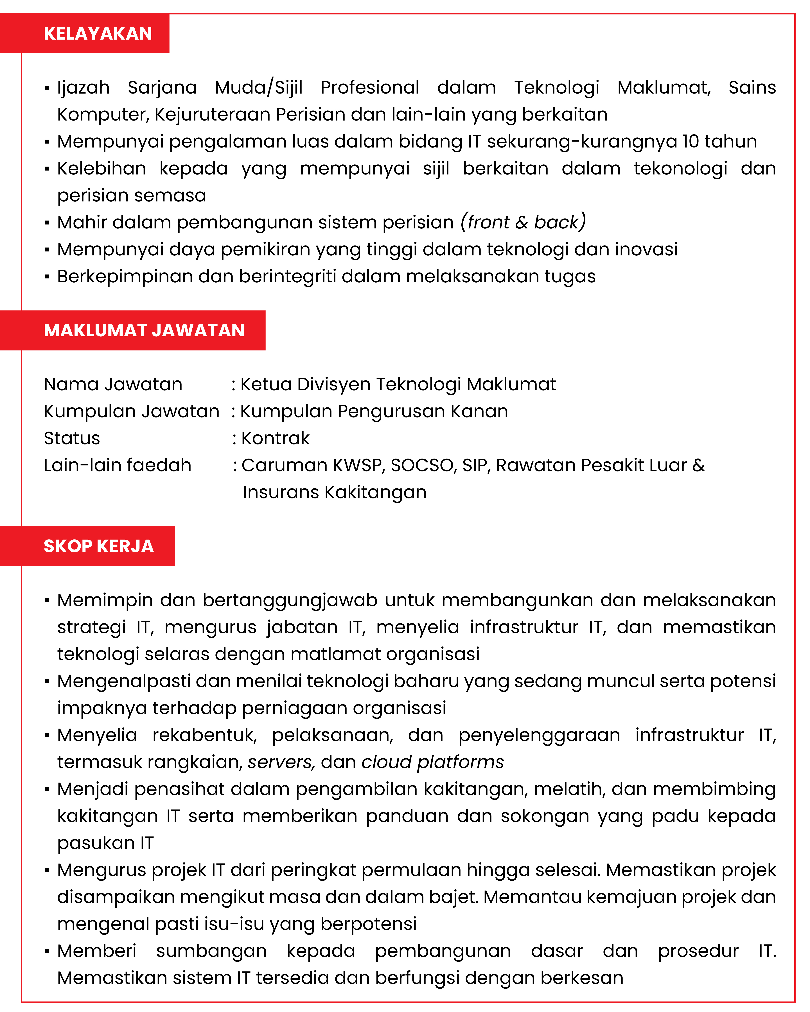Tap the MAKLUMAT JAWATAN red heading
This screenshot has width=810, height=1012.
pos(144,330)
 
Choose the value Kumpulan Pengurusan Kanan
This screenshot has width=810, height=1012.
pos(374,411)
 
